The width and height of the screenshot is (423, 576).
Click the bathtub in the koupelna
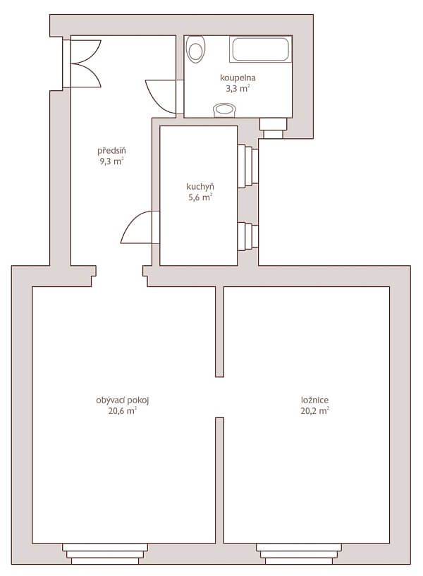point(259,50)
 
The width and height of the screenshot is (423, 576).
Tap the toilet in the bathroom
point(196,49)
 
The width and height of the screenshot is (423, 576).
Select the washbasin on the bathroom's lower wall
point(226,109)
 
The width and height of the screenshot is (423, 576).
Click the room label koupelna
point(237,78)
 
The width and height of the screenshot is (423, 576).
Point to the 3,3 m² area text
point(238,89)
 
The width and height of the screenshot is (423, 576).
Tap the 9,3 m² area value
point(111,161)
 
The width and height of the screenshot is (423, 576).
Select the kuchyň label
point(200,187)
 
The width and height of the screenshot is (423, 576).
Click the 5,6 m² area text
point(200,197)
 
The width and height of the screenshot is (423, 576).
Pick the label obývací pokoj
point(123,400)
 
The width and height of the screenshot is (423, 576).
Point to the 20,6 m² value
point(123,411)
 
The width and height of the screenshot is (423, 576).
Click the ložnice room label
point(314,400)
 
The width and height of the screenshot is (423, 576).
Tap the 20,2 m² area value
point(314,411)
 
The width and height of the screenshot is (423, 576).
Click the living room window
point(105,552)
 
